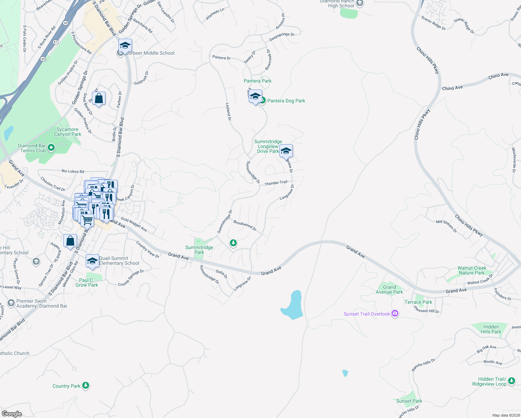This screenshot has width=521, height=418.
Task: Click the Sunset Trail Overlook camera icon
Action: (395, 313)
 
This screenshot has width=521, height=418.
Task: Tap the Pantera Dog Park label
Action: (286, 101)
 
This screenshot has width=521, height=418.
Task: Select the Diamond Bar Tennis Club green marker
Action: (51, 148)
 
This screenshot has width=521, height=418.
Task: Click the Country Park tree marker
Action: (86, 385)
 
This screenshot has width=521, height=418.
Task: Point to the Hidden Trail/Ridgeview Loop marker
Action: (511, 381)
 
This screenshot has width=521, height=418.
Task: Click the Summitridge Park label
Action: (199, 250)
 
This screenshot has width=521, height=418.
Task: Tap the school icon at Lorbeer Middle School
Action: (125, 46)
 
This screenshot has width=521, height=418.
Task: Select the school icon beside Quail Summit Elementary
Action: (92, 261)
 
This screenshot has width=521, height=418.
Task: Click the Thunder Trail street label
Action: (276, 183)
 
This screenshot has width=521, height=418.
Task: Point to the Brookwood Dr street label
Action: (245, 225)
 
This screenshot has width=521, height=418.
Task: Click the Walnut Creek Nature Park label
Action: (472, 270)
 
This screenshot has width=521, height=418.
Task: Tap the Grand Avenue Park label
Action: (389, 289)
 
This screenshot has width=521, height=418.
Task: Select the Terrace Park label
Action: (418, 302)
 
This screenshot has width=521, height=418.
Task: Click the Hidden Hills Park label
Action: (491, 329)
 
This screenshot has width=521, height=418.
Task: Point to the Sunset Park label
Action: (409, 401)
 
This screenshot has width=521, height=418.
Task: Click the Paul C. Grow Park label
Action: (87, 282)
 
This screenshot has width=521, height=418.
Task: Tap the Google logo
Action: (12, 413)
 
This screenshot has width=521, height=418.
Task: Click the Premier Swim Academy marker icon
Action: (11, 303)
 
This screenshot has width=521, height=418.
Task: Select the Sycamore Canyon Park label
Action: (68, 132)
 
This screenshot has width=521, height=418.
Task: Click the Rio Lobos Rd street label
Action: (73, 171)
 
